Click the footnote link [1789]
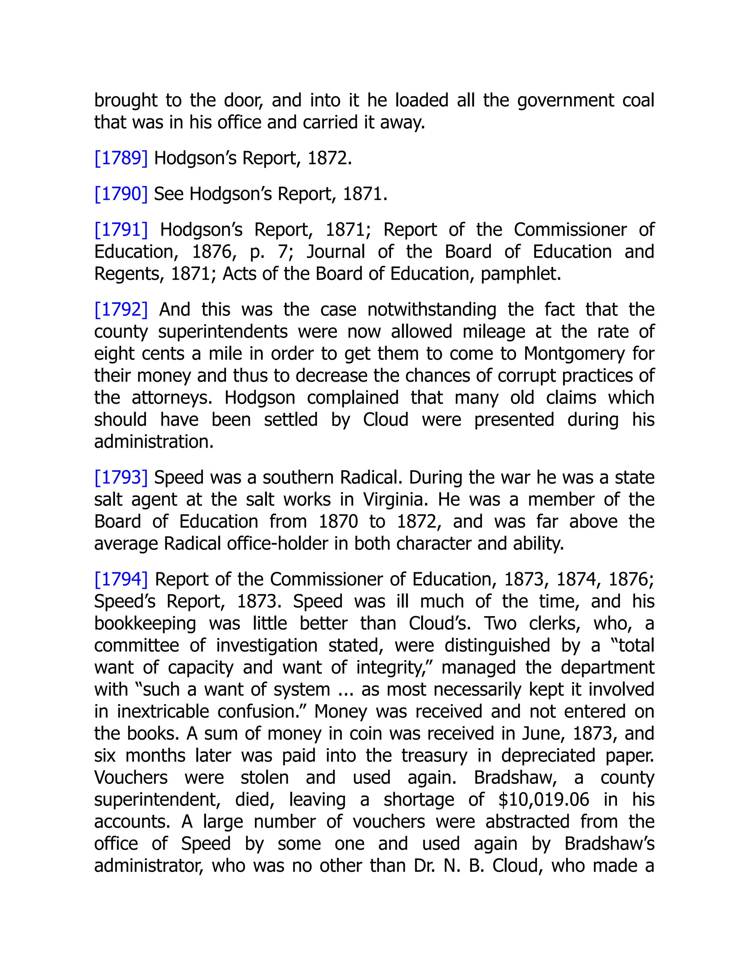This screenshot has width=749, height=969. tap(121, 158)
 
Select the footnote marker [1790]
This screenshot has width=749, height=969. tap(121, 194)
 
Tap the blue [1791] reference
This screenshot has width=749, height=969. tap(121, 230)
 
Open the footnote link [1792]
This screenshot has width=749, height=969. tap(121, 310)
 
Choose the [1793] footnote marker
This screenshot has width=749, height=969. tap(121, 478)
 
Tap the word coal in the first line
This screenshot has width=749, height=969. tap(637, 101)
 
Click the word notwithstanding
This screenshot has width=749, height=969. tap(432, 310)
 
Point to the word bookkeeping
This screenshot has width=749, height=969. tap(145, 624)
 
